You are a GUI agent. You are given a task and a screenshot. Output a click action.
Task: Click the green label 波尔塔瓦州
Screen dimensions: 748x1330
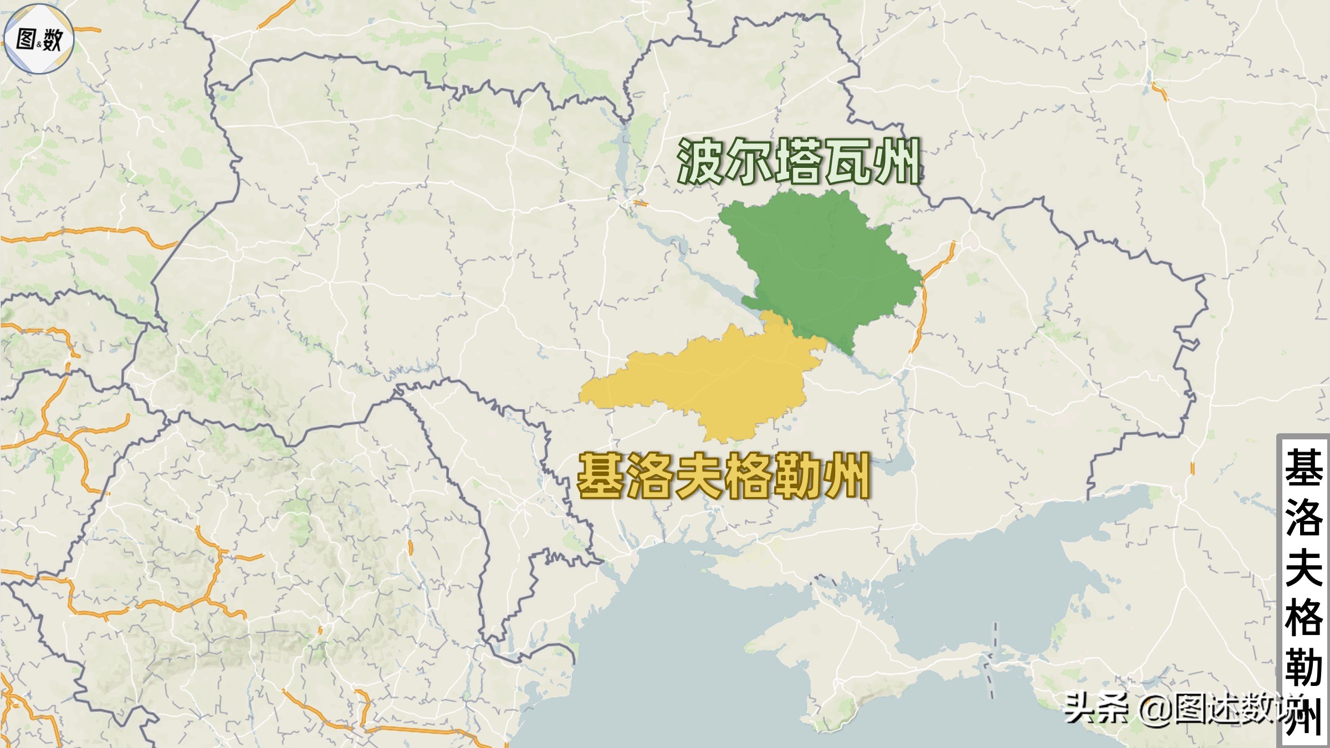click(799, 162)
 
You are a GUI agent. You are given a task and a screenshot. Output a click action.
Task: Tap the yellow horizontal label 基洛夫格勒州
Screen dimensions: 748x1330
click(724, 475)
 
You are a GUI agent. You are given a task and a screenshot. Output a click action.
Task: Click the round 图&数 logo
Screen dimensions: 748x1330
click(39, 39)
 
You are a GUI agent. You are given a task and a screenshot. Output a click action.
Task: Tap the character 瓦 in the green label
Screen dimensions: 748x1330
click(848, 162)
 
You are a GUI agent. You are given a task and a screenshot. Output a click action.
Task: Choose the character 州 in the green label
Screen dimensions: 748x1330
click(897, 162)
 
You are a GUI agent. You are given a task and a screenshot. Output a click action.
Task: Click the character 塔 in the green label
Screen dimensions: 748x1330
click(799, 162)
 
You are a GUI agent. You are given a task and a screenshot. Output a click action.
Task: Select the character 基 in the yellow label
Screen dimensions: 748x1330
click(601, 475)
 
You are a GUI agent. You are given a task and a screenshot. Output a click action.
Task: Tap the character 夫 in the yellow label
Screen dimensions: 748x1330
click(699, 475)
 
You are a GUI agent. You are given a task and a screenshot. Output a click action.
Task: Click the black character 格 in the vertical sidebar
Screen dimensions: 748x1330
click(1303, 616)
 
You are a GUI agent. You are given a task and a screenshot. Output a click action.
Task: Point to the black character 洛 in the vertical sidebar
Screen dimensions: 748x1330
click(1303, 516)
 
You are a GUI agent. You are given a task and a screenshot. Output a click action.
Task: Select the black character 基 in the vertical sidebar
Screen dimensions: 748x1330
click(1303, 468)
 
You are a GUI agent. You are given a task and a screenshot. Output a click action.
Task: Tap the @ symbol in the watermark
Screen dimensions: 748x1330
click(1156, 709)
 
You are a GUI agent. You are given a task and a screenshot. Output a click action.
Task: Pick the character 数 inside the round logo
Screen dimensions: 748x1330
click(52, 40)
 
